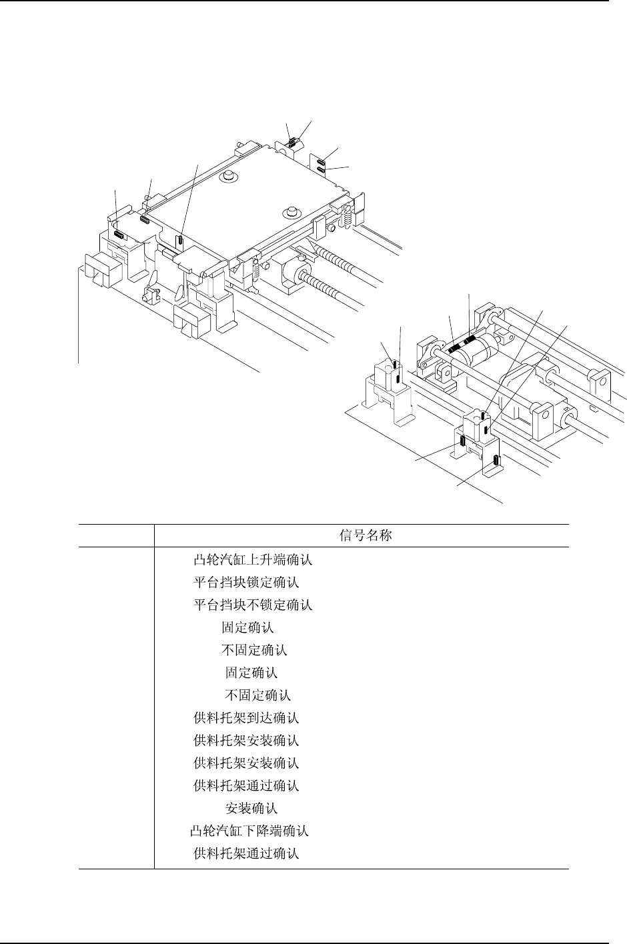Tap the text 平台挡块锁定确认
tap(246, 583)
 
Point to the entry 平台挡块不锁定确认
tap(253, 605)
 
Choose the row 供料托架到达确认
tap(246, 718)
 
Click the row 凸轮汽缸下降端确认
tap(249, 831)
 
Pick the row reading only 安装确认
tap(251, 809)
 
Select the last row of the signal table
tap(246, 853)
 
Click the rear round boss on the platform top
tap(229, 176)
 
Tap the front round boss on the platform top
tap(290, 213)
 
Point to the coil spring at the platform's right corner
tap(346, 215)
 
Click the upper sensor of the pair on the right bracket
tap(322, 161)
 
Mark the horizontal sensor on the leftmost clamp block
tap(118, 234)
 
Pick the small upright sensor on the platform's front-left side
tap(180, 238)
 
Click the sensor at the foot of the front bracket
tap(496, 460)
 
